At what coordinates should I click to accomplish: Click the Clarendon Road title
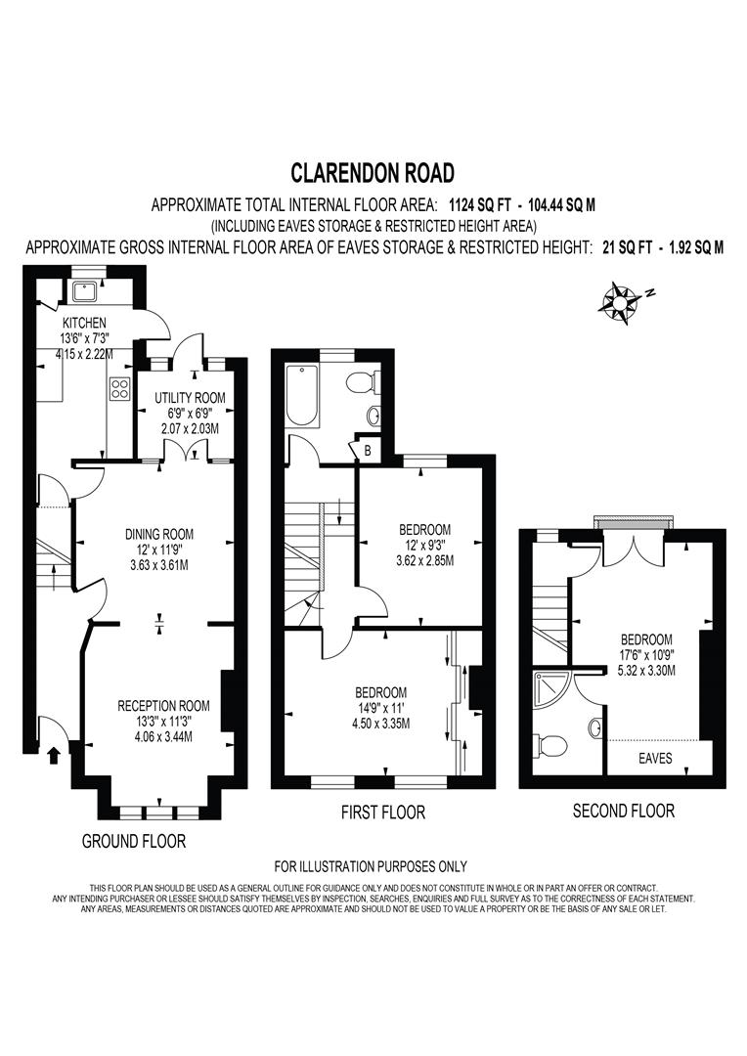coord(373,174)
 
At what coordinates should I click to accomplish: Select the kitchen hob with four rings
coord(121,389)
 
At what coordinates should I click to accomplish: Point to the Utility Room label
coord(190,398)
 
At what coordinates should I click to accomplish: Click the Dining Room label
coord(158,534)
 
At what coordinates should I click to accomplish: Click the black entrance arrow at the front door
coord(54,754)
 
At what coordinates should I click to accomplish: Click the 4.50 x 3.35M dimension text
coord(382,724)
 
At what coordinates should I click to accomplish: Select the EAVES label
coord(654,758)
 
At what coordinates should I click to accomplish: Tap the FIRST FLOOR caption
coord(382,812)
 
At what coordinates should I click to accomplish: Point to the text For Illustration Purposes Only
coord(371,866)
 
